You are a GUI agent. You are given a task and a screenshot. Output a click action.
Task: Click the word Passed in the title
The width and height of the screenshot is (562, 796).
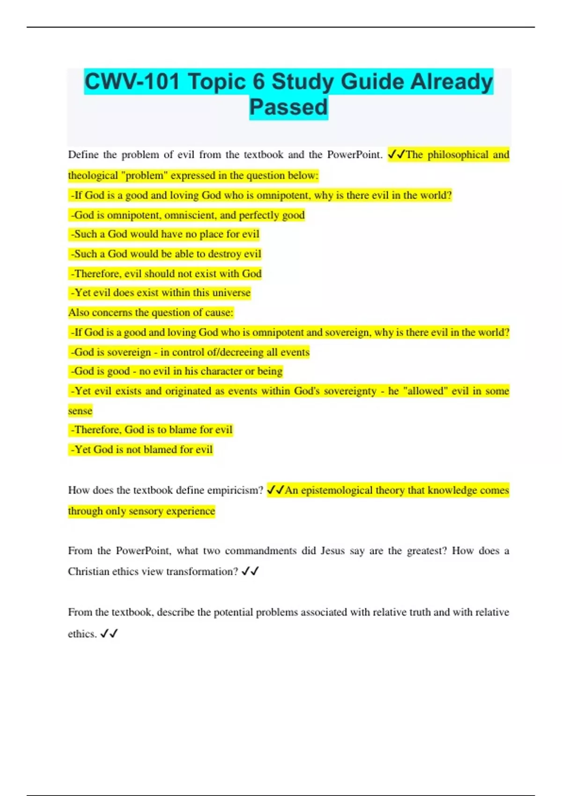[288, 107]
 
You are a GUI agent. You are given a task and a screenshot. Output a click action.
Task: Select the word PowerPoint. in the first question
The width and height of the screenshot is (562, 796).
[355, 155]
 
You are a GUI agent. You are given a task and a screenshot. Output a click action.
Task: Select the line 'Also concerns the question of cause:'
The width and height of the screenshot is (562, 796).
[151, 312]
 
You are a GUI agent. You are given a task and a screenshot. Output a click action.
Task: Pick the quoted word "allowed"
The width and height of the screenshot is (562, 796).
[424, 391]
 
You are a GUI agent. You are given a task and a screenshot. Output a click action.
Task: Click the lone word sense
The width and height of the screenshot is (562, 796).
[80, 411]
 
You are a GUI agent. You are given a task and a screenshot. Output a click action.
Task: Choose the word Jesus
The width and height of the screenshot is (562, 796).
[333, 551]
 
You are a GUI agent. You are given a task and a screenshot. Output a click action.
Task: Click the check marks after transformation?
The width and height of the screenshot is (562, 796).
[250, 571]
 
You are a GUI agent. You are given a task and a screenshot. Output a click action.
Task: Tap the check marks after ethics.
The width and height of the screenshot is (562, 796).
[109, 634]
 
